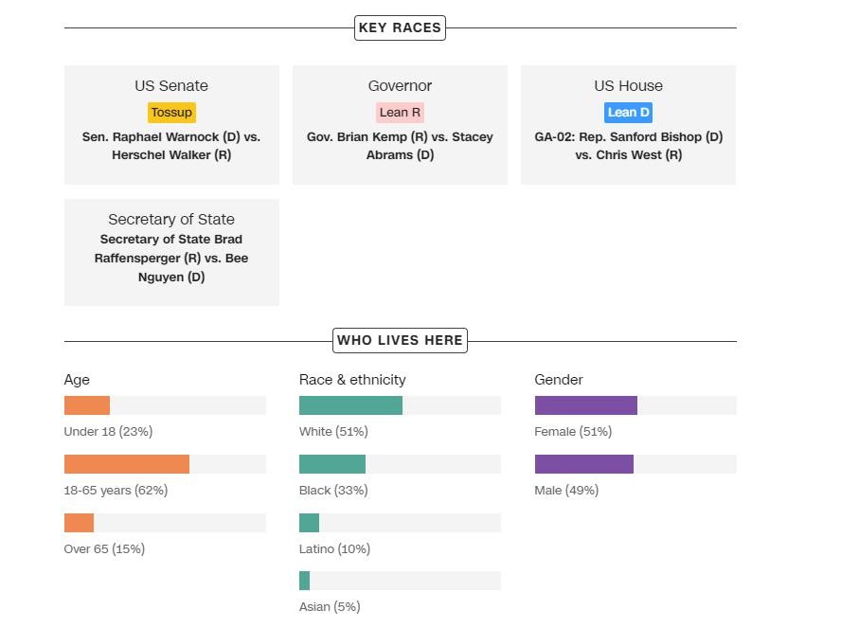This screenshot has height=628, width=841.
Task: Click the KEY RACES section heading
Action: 400,27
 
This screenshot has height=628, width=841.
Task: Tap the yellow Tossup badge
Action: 171,112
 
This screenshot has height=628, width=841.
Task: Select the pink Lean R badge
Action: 400,112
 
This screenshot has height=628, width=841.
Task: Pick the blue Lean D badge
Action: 628,112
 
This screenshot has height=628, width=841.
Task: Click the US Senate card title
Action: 171,86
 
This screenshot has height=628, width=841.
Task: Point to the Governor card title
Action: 400,86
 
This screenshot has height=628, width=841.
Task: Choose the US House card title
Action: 628,86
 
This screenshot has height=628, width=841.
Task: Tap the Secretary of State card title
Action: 171,219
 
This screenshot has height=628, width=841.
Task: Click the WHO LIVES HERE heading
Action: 400,340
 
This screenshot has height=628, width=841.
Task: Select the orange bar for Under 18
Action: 87,405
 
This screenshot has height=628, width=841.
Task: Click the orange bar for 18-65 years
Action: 127,464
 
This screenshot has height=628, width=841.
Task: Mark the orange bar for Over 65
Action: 80,523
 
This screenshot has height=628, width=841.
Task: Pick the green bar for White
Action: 350,405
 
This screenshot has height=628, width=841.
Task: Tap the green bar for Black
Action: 332,464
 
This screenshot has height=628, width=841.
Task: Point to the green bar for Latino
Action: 310,523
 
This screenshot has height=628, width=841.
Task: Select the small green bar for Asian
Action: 305,581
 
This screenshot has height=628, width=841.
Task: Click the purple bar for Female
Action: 586,405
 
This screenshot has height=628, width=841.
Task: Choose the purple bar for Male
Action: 584,464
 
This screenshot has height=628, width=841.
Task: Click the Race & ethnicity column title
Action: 352,380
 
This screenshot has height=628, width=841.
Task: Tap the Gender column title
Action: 559,380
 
